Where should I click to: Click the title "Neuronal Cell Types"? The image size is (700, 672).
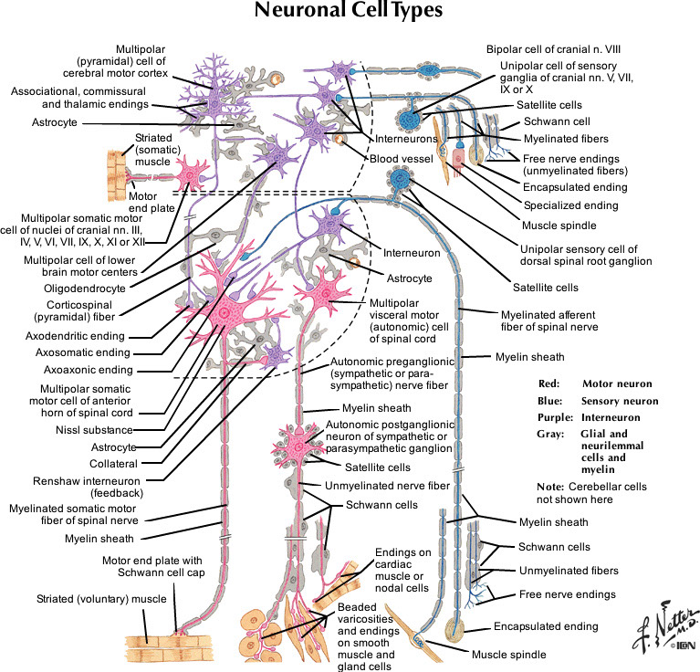coord(350,13)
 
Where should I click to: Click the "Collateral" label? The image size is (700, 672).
coord(109,463)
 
